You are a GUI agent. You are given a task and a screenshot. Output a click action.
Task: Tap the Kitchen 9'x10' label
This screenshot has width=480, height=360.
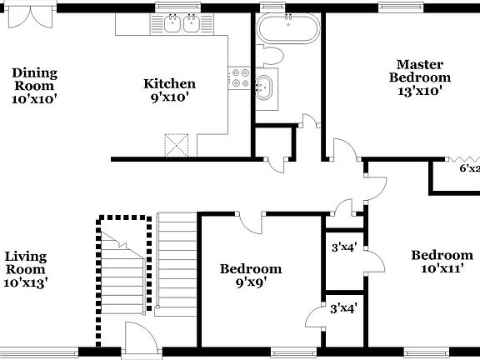tap(169, 90)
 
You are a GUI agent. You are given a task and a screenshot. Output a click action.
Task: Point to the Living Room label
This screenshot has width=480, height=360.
tap(25, 269)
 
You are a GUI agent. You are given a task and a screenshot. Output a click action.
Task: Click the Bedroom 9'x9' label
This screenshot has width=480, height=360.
tap(250, 276)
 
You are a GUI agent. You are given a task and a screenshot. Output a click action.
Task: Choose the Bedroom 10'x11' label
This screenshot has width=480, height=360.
tap(442, 262)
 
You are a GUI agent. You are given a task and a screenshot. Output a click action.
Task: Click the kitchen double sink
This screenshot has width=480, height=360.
tap(182, 23)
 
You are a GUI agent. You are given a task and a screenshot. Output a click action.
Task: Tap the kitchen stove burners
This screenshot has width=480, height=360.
tap(240, 78)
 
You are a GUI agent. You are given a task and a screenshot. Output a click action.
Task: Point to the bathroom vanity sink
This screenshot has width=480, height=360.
tap(265, 85)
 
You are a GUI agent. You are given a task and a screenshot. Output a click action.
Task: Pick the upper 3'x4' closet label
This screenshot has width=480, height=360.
tap(344, 247)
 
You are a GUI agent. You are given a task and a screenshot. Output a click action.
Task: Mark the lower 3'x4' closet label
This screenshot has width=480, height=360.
tap(344, 308)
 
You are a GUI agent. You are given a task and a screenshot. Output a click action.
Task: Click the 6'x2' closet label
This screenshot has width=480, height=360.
tap(469, 168)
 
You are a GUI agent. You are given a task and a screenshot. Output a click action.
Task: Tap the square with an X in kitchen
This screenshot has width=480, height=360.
tap(177, 145)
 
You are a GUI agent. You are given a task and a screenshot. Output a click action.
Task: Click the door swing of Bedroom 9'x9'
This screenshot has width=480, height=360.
tap(250, 220)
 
